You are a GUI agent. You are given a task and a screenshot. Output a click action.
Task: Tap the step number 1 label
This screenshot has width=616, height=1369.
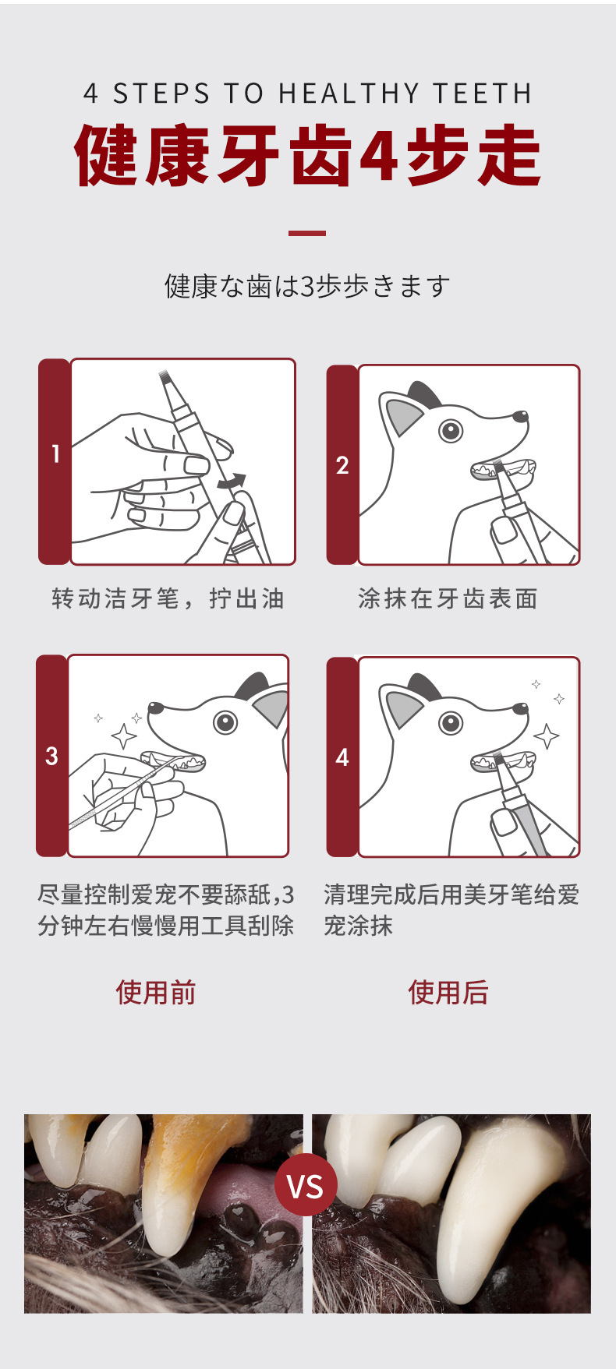pos(55,453)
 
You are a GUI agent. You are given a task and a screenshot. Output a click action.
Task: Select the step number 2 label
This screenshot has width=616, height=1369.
pos(342,465)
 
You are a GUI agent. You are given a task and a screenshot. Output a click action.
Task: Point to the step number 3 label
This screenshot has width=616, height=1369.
pos(51,756)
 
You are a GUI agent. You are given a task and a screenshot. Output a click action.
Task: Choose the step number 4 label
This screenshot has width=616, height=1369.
pos(342,757)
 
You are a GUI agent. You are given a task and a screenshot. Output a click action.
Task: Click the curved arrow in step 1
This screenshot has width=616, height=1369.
pos(232,482)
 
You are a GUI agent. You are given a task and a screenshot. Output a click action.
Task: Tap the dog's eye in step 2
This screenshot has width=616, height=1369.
pos(451,429)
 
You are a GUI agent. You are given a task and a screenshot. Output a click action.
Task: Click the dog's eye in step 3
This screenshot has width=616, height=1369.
pos(226,722)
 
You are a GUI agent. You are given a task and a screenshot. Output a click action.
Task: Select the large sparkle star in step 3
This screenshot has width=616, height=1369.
pos(123,735)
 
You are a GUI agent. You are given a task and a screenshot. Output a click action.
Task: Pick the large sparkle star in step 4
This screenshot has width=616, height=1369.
pos(546,736)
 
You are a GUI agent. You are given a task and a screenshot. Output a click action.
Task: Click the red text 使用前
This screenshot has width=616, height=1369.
pos(156,993)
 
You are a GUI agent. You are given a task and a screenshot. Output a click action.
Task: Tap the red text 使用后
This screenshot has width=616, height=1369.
pos(448,993)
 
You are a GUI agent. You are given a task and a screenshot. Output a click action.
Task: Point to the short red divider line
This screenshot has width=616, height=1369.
pos(307,233)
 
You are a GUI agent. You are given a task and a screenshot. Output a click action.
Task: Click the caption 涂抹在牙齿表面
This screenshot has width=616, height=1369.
pos(448,598)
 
